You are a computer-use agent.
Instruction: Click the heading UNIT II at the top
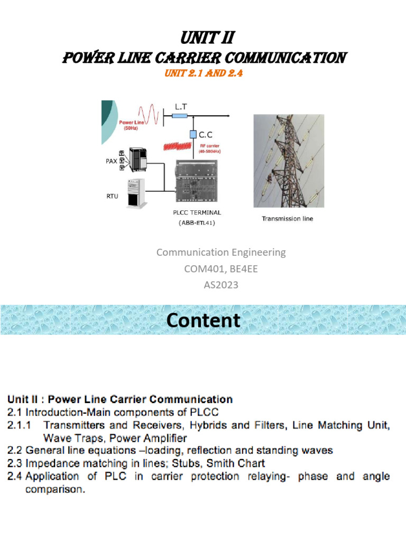(x=203, y=39)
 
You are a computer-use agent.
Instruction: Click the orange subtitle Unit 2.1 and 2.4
(x=203, y=74)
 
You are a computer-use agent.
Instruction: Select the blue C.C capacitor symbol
(x=193, y=135)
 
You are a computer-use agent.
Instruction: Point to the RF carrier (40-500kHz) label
(x=209, y=148)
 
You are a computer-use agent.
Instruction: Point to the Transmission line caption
(x=287, y=219)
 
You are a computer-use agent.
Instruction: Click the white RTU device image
(x=135, y=193)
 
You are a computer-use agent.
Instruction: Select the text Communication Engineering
(x=220, y=253)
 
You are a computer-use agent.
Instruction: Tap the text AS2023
(x=221, y=285)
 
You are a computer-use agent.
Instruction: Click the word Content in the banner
(x=204, y=321)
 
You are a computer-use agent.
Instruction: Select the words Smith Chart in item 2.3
(x=240, y=463)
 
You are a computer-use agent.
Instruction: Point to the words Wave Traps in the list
(x=69, y=437)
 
